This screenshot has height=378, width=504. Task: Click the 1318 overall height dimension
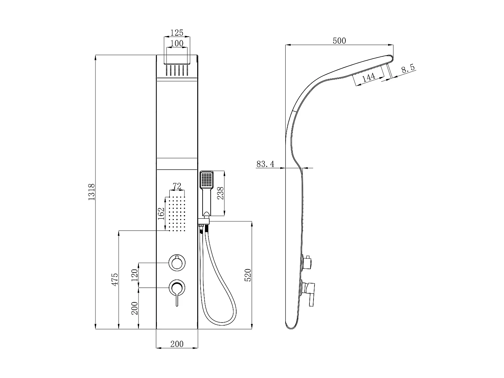click(x=92, y=192)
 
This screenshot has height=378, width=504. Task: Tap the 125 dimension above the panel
click(x=177, y=33)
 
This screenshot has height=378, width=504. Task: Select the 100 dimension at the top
click(x=177, y=43)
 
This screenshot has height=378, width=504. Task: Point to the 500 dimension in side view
click(x=339, y=41)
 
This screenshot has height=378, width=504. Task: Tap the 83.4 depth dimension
click(x=265, y=164)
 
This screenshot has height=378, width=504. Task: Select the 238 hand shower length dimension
click(x=220, y=193)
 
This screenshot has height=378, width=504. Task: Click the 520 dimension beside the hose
click(x=248, y=275)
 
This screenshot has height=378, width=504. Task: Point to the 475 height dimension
click(x=115, y=279)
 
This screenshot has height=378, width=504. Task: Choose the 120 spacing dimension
click(x=134, y=275)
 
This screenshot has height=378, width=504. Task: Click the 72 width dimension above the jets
click(x=177, y=186)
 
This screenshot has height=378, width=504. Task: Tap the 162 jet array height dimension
click(x=161, y=214)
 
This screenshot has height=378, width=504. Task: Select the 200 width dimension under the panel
click(x=177, y=344)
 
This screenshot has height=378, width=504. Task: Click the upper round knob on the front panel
click(x=176, y=263)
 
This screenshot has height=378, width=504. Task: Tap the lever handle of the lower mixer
click(x=176, y=297)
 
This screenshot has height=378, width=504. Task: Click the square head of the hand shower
click(x=206, y=180)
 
